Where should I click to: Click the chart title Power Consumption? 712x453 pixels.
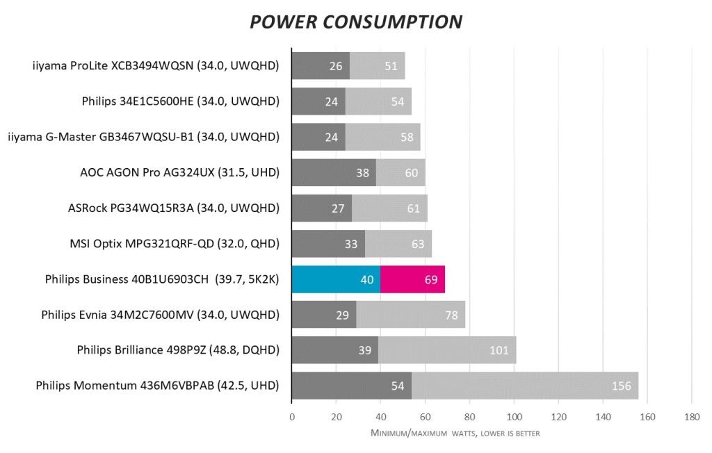pyautogui.click(x=355, y=22)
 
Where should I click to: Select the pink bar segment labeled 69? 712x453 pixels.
pyautogui.click(x=412, y=279)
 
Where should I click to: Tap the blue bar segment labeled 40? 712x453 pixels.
pyautogui.click(x=336, y=279)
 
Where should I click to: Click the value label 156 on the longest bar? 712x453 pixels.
pyautogui.click(x=621, y=386)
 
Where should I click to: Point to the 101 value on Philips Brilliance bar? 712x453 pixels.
pyautogui.click(x=499, y=350)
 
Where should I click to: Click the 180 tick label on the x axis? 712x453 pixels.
pyautogui.click(x=691, y=417)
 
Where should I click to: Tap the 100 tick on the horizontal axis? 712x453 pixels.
pyautogui.click(x=514, y=417)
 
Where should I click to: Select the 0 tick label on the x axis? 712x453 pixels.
pyautogui.click(x=292, y=417)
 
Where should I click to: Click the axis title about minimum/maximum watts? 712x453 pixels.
pyautogui.click(x=455, y=434)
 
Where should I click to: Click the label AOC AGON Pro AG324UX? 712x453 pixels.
pyautogui.click(x=180, y=172)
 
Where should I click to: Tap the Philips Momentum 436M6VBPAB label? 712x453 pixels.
pyautogui.click(x=158, y=386)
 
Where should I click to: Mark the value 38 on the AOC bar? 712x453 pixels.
pyautogui.click(x=362, y=172)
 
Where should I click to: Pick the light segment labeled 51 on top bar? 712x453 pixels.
pyautogui.click(x=391, y=66)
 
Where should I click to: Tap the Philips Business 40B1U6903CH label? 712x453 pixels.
pyautogui.click(x=162, y=279)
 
